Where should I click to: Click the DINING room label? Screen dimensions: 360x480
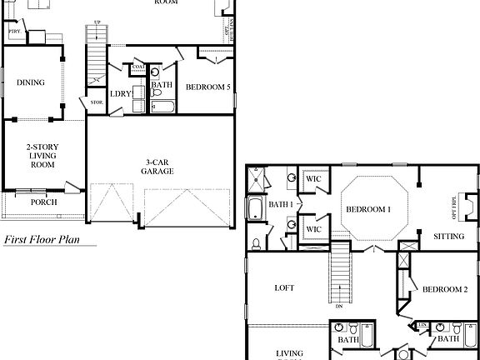(x=30, y=82)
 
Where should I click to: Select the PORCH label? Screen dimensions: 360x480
(x=43, y=202)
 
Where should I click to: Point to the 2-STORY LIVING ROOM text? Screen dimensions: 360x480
(x=42, y=156)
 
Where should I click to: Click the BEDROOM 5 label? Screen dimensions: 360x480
(x=207, y=87)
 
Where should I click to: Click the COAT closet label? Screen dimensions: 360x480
(x=138, y=67)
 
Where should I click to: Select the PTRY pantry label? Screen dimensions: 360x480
(x=14, y=32)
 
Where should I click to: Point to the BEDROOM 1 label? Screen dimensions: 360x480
(x=368, y=210)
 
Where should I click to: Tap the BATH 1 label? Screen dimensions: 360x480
(x=280, y=205)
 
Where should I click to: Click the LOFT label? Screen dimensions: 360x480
(x=285, y=288)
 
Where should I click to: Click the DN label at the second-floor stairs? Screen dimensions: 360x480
(x=340, y=307)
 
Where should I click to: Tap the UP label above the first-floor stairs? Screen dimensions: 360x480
(x=97, y=23)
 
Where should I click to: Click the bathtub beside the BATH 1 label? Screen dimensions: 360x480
(x=254, y=207)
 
